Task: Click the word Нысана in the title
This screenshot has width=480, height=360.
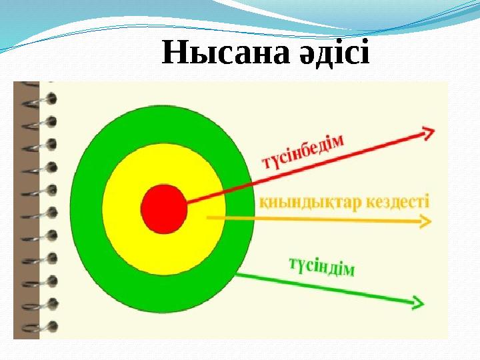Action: click(x=225, y=52)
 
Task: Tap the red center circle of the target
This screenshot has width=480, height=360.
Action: click(x=164, y=209)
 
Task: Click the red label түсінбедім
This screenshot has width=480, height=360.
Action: click(x=303, y=153)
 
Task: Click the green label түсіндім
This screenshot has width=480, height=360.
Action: click(x=322, y=267)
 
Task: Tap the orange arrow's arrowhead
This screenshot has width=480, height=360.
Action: click(x=425, y=221)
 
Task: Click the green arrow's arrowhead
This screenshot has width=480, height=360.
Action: click(x=418, y=303)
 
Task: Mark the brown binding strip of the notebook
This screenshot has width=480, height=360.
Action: click(x=26, y=210)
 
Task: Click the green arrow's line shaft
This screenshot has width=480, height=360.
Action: click(x=327, y=289)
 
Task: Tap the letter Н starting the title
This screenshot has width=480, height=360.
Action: click(x=175, y=52)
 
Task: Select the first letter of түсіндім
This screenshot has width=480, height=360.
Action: click(x=293, y=263)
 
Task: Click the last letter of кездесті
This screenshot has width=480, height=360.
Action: click(x=427, y=201)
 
